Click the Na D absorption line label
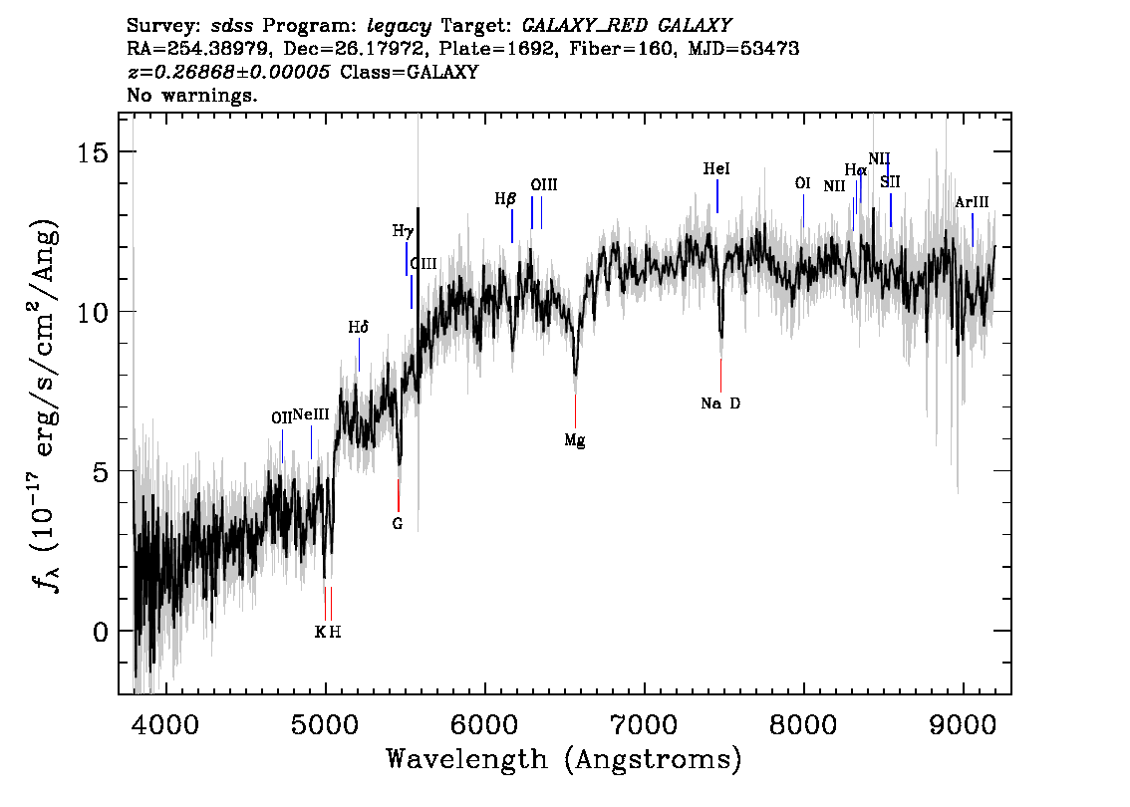click(x=719, y=403)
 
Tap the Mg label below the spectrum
click(x=574, y=440)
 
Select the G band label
click(x=397, y=524)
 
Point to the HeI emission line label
click(x=716, y=168)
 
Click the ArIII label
click(x=972, y=202)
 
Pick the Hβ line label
click(x=505, y=199)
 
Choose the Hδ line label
click(x=358, y=327)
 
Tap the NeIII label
click(x=311, y=414)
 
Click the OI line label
click(x=802, y=183)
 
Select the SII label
click(x=890, y=182)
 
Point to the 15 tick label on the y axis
click(x=93, y=152)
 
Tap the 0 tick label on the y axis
click(x=101, y=632)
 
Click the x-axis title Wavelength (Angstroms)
click(x=564, y=759)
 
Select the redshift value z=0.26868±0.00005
click(x=228, y=72)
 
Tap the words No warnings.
click(x=191, y=95)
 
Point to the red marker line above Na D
click(x=720, y=376)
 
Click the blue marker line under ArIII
click(x=973, y=230)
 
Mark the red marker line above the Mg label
click(x=575, y=411)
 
